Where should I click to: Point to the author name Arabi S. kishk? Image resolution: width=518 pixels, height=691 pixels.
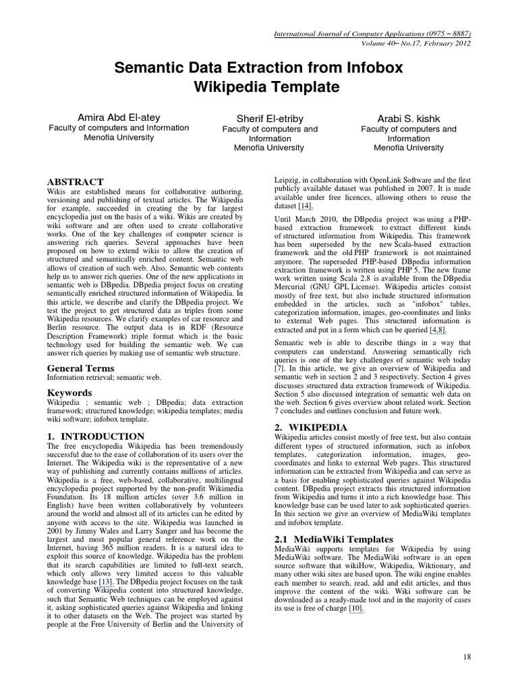click(409, 119)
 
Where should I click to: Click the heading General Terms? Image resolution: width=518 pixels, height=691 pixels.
click(80, 368)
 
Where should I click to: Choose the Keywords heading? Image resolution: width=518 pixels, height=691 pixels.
click(69, 393)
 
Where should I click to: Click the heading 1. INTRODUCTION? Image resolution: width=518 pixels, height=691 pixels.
click(96, 437)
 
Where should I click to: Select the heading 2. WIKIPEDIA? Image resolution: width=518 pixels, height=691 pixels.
click(311, 427)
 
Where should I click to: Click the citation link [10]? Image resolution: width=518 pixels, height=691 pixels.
click(356, 609)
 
